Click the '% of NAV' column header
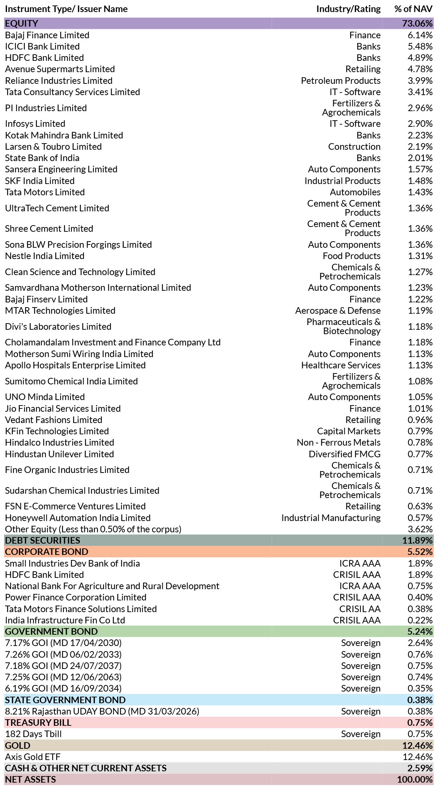413,9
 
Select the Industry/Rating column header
348,9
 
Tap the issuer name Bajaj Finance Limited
47,35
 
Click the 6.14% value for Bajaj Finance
420,35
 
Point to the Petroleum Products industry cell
341,81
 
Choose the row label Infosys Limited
35,124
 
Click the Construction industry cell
354,146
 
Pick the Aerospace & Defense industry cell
338,310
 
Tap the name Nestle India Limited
44,256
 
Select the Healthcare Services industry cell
341,365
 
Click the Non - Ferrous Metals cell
338,442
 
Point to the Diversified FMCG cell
345,454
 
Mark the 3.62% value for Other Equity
420,529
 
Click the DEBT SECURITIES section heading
42,540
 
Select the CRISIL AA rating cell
360,609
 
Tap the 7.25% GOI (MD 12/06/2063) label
63,677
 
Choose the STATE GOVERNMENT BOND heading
65,700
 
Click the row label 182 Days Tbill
33,734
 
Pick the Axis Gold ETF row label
32,757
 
